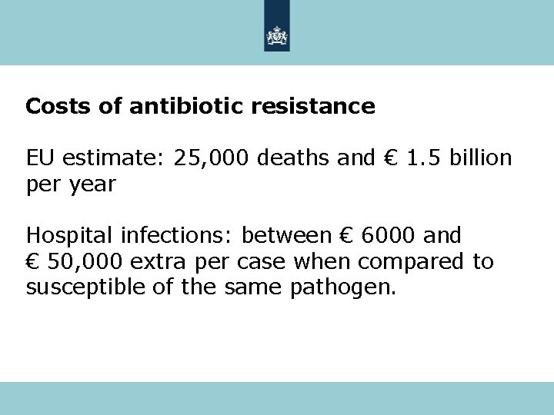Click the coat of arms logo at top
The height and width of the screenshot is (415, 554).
[276, 35]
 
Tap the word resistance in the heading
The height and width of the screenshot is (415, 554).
[313, 106]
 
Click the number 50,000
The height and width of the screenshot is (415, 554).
[85, 262]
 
